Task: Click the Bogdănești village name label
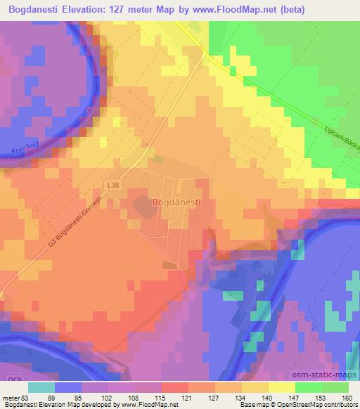pyautogui.click(x=176, y=202)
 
